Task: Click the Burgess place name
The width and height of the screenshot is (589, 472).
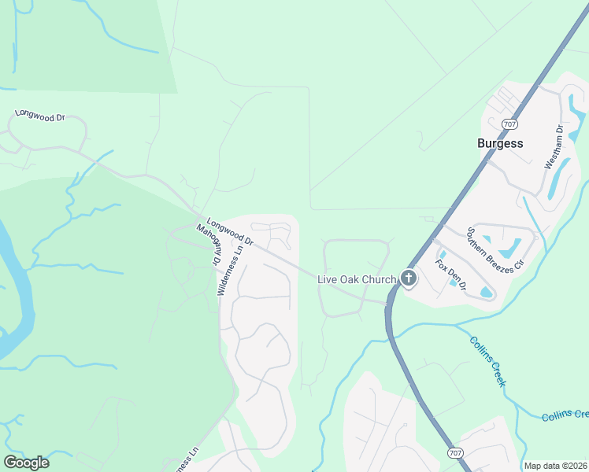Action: pyautogui.click(x=500, y=143)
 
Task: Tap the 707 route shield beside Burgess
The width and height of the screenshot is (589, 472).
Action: pyautogui.click(x=509, y=124)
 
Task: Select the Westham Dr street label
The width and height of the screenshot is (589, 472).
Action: pyautogui.click(x=554, y=147)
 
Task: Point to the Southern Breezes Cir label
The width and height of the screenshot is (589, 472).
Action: pyautogui.click(x=495, y=249)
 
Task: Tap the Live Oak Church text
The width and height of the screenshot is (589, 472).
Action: pyautogui.click(x=356, y=278)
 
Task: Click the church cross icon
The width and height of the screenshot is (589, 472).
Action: pyautogui.click(x=408, y=278)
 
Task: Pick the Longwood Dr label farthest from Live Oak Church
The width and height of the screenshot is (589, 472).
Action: pyautogui.click(x=39, y=116)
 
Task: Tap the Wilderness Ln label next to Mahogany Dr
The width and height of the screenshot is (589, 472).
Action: pyautogui.click(x=232, y=268)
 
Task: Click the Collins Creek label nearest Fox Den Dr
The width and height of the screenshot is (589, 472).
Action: pyautogui.click(x=488, y=361)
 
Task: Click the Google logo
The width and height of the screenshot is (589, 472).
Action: pyautogui.click(x=26, y=463)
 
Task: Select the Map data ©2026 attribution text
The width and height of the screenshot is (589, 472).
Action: pyautogui.click(x=555, y=466)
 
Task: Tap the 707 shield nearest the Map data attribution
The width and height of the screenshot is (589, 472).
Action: pyautogui.click(x=455, y=454)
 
